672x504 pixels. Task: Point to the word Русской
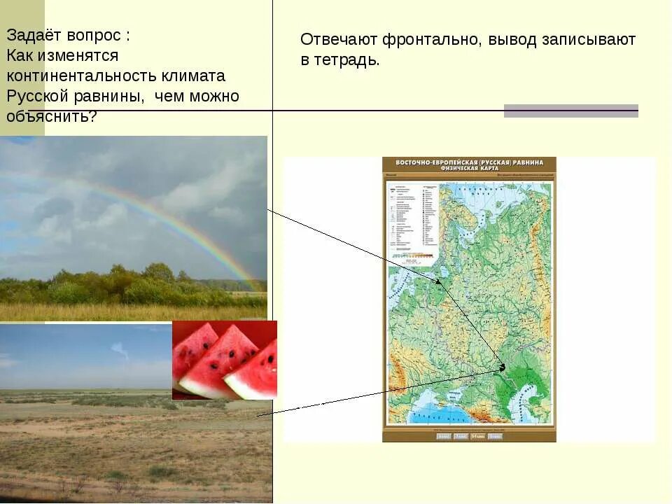(36, 96)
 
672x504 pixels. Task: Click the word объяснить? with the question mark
(52, 116)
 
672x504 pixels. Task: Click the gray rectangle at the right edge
(570, 111)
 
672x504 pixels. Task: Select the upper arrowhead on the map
(440, 282)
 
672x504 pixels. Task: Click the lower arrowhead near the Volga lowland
(502, 367)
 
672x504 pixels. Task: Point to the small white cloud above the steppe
(120, 349)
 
